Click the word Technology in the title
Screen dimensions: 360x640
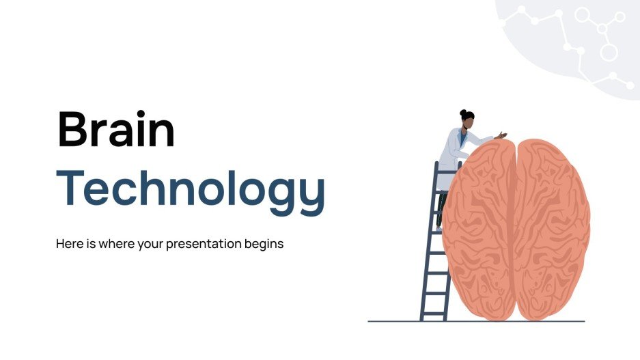point(191,187)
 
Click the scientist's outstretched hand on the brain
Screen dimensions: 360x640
point(502,135)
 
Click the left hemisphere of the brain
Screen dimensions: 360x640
point(478,225)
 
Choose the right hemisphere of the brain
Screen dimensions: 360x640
point(553,225)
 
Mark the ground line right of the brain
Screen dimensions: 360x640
point(577,321)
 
